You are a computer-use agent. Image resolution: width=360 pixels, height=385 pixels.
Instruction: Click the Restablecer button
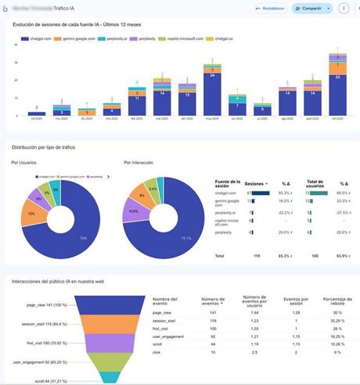click(x=268, y=9)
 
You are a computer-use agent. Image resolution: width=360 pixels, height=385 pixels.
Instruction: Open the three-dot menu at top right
click(x=343, y=9)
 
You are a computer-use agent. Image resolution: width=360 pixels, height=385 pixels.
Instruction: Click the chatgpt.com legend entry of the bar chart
click(x=37, y=38)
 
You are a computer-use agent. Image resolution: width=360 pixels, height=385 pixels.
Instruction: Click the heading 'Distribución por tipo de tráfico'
click(x=51, y=146)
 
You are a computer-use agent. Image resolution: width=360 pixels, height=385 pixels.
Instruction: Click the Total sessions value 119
click(x=256, y=255)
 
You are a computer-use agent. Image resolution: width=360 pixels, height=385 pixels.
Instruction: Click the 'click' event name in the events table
click(x=157, y=353)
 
